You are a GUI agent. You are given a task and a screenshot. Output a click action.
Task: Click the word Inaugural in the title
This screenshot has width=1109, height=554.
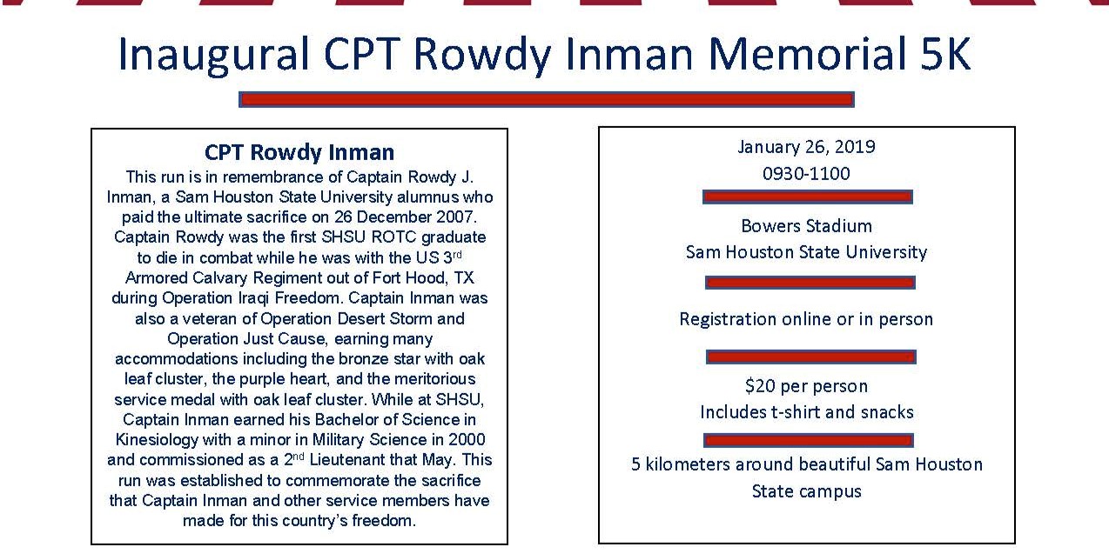(214, 55)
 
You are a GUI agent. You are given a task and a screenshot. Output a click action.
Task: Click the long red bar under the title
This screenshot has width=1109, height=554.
(546, 100)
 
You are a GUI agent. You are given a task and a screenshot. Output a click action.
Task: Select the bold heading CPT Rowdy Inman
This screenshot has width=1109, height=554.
(299, 153)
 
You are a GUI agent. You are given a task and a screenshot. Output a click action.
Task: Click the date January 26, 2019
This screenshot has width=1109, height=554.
(806, 147)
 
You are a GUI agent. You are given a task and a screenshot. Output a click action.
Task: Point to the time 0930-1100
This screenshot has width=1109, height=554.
(806, 173)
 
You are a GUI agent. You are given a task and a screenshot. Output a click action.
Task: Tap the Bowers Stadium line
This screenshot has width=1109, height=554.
(806, 226)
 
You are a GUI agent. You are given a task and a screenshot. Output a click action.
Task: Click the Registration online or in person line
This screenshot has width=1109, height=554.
(806, 319)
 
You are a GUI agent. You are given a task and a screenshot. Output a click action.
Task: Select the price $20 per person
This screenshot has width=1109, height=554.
(806, 385)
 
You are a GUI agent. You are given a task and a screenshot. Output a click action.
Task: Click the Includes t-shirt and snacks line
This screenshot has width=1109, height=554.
(806, 412)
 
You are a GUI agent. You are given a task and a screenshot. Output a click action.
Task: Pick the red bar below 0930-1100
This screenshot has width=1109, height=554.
(807, 197)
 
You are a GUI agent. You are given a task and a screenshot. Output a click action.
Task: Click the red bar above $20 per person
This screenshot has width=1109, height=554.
(810, 357)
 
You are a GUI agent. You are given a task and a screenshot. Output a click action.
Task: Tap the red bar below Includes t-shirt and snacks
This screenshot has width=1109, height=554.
(808, 440)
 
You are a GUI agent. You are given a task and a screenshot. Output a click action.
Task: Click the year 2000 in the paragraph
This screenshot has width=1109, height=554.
(467, 440)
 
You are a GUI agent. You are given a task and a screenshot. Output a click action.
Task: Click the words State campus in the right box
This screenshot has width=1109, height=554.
(806, 491)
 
